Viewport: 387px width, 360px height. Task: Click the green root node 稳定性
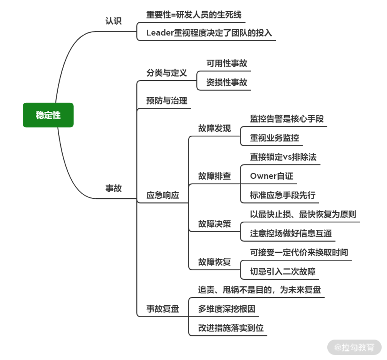48,115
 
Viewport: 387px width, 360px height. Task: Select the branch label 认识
114,21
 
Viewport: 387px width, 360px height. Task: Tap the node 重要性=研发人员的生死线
194,15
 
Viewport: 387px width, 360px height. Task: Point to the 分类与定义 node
166,73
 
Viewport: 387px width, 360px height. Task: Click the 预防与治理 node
166,101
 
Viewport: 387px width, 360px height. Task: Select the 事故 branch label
114,188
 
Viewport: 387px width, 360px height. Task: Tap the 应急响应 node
163,195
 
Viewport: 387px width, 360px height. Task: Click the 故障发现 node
214,128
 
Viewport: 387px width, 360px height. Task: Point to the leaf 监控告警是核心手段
287,119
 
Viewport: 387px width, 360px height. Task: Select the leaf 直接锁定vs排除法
283,157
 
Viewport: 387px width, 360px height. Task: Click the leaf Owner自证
271,176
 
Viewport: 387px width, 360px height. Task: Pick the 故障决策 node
214,224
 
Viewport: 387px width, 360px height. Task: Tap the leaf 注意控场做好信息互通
291,233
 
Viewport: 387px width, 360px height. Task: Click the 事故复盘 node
163,309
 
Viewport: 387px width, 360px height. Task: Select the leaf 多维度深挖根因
227,309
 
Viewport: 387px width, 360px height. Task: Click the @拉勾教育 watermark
354,347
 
